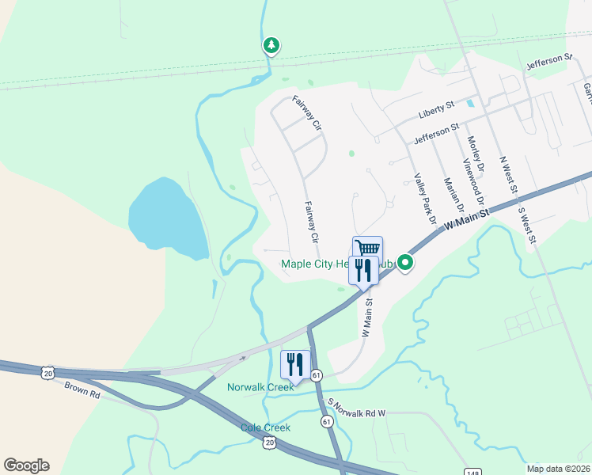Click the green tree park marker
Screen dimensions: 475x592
tap(271, 46)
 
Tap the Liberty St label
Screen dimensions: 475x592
tap(436, 108)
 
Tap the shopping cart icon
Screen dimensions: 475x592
tap(367, 249)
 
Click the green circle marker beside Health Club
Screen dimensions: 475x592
tap(405, 262)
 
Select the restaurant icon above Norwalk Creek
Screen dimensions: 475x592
tap(295, 364)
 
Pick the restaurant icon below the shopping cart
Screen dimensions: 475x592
tap(363, 271)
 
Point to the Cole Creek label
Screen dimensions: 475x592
tap(265, 427)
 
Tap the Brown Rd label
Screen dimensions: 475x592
tap(82, 390)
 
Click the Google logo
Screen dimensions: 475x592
tap(26, 465)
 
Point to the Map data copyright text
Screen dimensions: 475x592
tap(559, 468)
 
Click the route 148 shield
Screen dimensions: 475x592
tap(472, 472)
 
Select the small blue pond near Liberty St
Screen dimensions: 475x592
tap(471, 103)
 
